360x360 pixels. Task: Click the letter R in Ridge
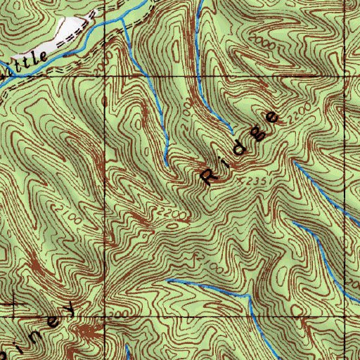coord(210,176)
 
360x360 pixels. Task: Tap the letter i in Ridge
coord(224,161)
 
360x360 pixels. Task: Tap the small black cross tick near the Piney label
coord(15,305)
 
